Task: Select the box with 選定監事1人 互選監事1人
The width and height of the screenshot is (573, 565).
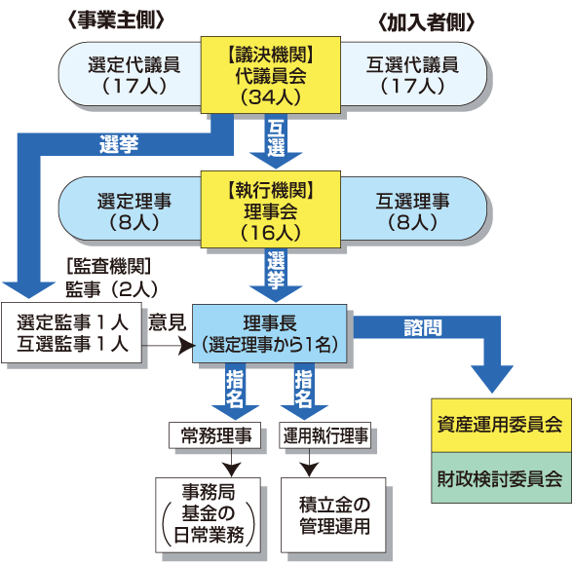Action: [x=73, y=333]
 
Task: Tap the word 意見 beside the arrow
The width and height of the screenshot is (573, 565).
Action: [x=167, y=322]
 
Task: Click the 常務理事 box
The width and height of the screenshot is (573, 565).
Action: [x=216, y=435]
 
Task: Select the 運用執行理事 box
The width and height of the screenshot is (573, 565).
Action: [x=326, y=435]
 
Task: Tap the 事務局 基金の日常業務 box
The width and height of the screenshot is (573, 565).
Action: [x=209, y=509]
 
